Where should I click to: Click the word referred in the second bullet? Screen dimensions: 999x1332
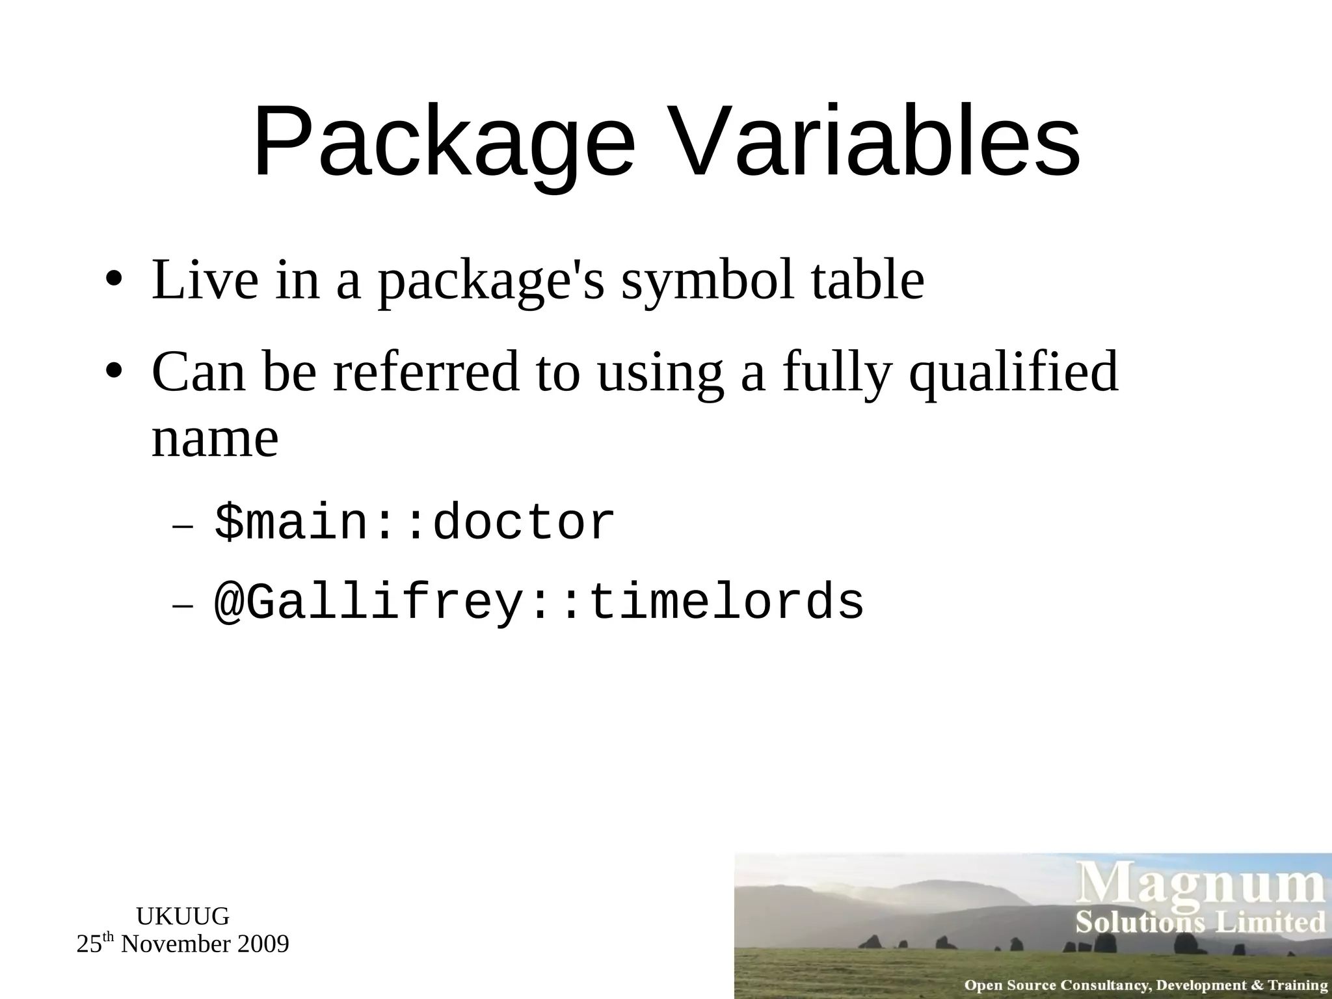click(x=426, y=372)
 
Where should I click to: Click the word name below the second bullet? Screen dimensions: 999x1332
click(x=215, y=438)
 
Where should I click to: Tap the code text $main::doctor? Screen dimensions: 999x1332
click(x=414, y=522)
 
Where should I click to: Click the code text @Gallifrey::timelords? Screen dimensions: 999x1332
click(x=539, y=602)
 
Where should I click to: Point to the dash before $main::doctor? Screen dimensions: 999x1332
click(x=183, y=526)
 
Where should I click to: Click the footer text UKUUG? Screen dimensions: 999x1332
click(x=183, y=916)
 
